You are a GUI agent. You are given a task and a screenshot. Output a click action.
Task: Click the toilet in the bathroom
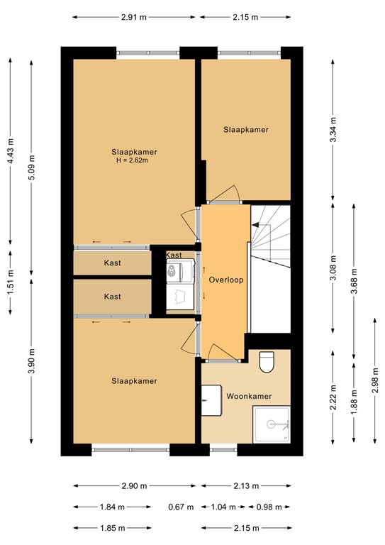267,361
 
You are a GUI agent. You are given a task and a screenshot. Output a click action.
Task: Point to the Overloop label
226,280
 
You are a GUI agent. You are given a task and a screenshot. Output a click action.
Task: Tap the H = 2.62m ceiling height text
133,160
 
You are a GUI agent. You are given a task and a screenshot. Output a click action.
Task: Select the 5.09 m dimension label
29,168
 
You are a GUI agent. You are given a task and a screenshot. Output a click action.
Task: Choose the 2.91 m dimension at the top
134,16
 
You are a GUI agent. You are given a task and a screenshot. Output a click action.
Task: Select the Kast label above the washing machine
174,255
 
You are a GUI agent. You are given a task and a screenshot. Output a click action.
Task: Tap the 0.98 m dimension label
268,507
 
